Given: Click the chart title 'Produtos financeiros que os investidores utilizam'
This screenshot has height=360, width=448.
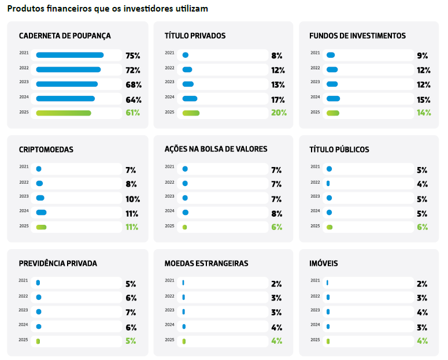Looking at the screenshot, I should (108, 9).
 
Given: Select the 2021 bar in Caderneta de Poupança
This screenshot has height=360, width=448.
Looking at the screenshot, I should (70, 55).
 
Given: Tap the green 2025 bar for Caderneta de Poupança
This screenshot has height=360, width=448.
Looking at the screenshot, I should (64, 113).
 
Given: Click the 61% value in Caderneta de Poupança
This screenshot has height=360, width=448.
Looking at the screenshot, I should (133, 113).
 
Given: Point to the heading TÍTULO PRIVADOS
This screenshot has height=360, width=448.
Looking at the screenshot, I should (195, 36).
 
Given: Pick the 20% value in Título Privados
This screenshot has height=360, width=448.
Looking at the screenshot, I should (279, 113).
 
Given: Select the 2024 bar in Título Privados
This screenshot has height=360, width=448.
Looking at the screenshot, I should (190, 99).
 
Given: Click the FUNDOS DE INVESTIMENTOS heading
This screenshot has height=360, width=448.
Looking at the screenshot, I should (357, 36).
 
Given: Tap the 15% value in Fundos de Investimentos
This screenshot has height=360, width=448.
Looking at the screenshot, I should (424, 99).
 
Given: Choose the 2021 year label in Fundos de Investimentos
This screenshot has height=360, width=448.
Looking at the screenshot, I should (315, 53).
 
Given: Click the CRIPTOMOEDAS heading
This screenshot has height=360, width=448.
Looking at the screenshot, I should (46, 150).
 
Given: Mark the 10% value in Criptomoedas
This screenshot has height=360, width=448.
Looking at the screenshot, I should (133, 199).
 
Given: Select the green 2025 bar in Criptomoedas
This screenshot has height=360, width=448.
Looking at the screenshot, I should (41, 227).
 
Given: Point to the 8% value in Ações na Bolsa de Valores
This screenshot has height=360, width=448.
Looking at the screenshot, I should (276, 213).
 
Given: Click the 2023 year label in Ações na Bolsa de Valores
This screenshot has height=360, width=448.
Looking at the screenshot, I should (169, 196).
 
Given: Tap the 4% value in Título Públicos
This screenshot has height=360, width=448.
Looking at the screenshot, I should (422, 184).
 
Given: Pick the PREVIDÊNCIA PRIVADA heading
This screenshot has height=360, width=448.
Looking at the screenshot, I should (58, 263).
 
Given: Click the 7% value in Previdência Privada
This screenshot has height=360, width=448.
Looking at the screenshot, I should (131, 313).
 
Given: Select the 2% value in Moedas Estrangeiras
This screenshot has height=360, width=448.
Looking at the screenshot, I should (276, 284).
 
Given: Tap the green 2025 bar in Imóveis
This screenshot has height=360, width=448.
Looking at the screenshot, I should (328, 341).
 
